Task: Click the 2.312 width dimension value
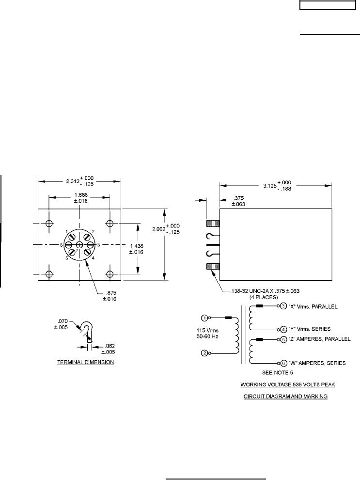click(x=73, y=181)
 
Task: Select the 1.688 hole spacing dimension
click(x=81, y=198)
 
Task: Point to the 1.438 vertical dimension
click(x=137, y=249)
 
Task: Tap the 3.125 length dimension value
click(x=270, y=186)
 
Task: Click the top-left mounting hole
click(x=49, y=223)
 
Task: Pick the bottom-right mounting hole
click(x=110, y=274)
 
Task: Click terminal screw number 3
click(x=91, y=244)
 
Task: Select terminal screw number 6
click(x=68, y=245)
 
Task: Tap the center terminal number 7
click(x=79, y=244)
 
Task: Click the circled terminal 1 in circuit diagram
click(x=204, y=318)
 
